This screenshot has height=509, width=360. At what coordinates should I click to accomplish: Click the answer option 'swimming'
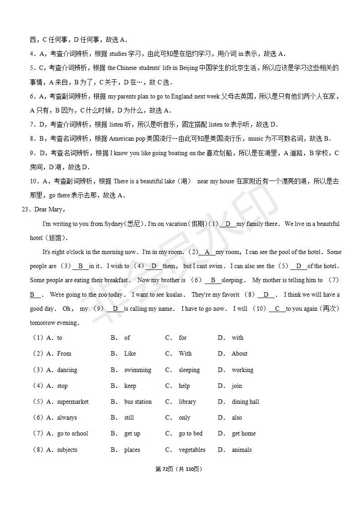(138, 370)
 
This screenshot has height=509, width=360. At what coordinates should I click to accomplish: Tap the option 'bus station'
(138, 401)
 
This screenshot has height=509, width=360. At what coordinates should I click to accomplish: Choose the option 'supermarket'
(73, 401)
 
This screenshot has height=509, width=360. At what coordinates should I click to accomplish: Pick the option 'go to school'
(72, 433)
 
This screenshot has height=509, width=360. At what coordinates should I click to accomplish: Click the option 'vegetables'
(192, 450)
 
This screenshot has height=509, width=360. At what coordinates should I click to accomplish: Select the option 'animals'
(242, 450)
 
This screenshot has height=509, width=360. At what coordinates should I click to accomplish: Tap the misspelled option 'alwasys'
(67, 417)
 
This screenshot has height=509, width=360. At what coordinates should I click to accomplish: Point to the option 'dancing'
(67, 370)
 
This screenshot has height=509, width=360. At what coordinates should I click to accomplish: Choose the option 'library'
(187, 401)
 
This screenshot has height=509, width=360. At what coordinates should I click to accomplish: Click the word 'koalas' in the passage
(175, 294)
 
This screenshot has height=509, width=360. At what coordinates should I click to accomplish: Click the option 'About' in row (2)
(239, 353)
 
